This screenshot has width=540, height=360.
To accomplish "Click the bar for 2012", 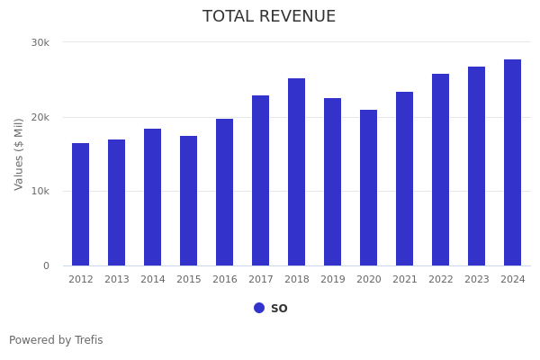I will pyautogui.click(x=81, y=204).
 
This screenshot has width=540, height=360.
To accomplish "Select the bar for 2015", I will pyautogui.click(x=189, y=201).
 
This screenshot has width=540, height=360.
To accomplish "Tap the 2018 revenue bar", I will pyautogui.click(x=297, y=172).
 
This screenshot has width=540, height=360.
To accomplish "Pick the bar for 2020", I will pyautogui.click(x=369, y=188).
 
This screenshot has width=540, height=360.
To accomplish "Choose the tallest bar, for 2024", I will pyautogui.click(x=513, y=163).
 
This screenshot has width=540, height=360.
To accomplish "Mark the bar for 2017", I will pyautogui.click(x=261, y=181).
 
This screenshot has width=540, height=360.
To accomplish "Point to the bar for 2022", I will pyautogui.click(x=441, y=170).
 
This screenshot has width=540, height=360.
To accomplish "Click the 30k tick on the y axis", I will pyautogui.click(x=40, y=42).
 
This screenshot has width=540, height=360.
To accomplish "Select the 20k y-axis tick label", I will pyautogui.click(x=40, y=117).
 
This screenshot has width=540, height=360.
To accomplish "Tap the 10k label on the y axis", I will pyautogui.click(x=40, y=192).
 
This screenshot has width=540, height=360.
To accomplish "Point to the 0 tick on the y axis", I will pyautogui.click(x=46, y=265).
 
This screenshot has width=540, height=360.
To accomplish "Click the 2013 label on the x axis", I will pyautogui.click(x=117, y=280).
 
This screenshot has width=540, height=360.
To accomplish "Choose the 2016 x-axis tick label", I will pyautogui.click(x=225, y=280).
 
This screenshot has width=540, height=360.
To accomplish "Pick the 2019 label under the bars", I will pyautogui.click(x=333, y=280).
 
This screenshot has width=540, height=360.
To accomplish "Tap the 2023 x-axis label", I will pyautogui.click(x=477, y=280).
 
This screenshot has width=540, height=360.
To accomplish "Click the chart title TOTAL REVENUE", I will pyautogui.click(x=269, y=17).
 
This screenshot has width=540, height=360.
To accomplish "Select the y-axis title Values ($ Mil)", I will pyautogui.click(x=19, y=154).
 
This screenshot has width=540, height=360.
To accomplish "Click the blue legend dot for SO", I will pyautogui.click(x=259, y=308).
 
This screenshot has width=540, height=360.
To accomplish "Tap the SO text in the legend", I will pyautogui.click(x=279, y=309).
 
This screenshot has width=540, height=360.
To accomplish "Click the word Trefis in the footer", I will pyautogui.click(x=88, y=340).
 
